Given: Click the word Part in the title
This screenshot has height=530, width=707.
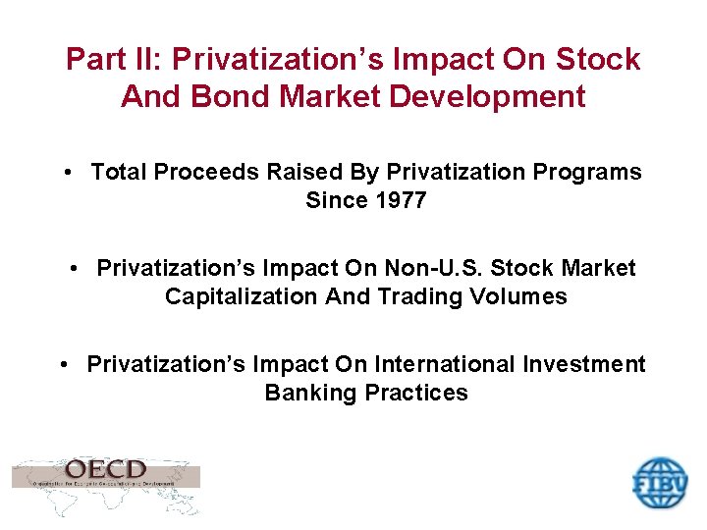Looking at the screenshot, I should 93,60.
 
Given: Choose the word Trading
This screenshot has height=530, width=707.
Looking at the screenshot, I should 424,296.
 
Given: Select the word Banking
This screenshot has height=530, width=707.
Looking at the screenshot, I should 310,393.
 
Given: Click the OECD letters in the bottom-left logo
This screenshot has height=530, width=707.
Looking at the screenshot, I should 106,470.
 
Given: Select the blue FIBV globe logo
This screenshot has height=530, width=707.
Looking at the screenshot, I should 659,483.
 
